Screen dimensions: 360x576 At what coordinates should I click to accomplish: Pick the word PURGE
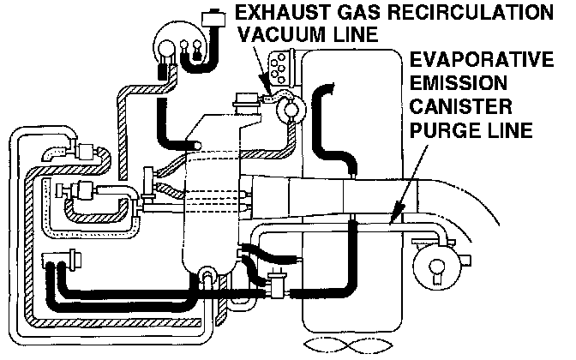441,132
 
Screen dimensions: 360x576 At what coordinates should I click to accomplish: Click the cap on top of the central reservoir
243,108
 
